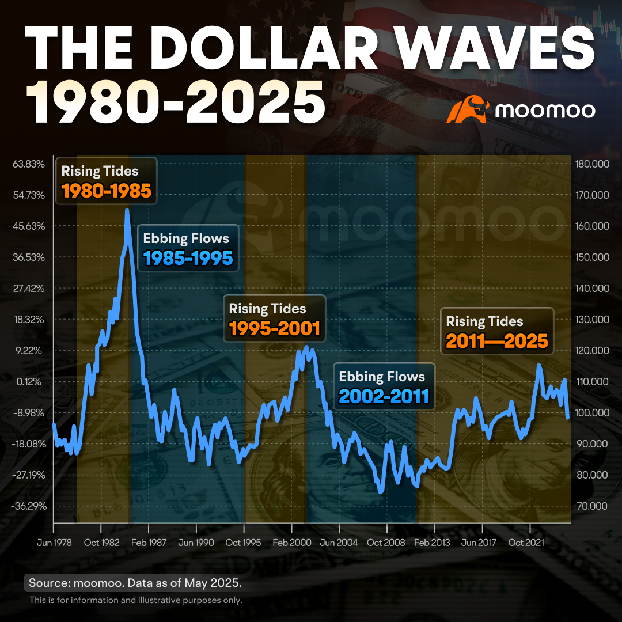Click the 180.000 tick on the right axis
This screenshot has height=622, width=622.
pos(592,164)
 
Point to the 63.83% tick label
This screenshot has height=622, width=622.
pos(29,164)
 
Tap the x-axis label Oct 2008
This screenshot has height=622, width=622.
pos(386,543)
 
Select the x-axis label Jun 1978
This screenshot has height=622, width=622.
pos(54,543)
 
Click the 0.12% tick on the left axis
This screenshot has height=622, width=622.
pos(29,382)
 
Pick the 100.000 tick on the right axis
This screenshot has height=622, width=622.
pos(592,412)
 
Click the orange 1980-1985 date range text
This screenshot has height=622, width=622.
pos(107,191)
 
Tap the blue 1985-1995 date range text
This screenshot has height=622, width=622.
pos(188,258)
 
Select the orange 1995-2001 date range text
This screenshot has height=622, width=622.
pos(275,328)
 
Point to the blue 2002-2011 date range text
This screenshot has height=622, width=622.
pos(384,396)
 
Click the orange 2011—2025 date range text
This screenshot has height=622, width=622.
pos(497,341)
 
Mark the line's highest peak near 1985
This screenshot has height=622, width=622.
pos(127,210)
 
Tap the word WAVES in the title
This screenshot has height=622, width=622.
pos(496,49)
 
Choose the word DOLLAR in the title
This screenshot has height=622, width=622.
pos(269,49)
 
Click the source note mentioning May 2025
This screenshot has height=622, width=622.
pos(135,583)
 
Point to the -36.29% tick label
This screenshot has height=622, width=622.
pos(29,506)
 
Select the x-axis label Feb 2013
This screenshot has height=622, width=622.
pos(432,543)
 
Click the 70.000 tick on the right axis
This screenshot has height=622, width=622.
pos(592,506)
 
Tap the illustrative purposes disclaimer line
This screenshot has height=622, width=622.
pos(136,600)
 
